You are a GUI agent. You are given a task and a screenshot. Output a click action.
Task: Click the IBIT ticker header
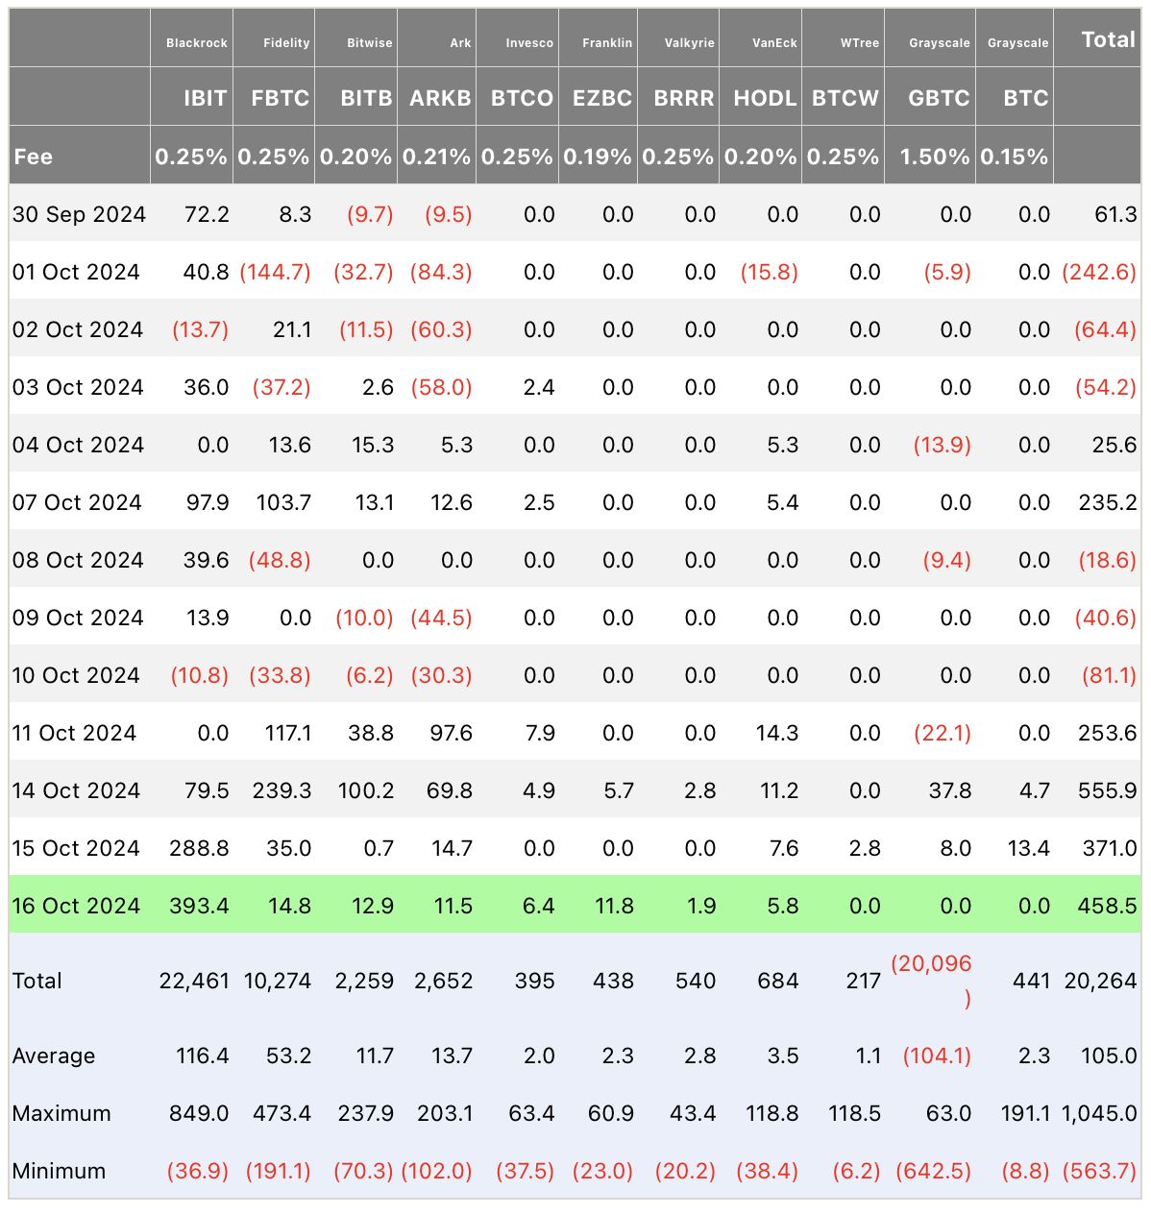[205, 98]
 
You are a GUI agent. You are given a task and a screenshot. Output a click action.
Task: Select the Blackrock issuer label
[196, 43]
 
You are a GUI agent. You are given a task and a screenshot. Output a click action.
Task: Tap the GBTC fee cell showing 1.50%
[934, 157]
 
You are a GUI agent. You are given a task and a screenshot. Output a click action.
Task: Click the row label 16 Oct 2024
[77, 906]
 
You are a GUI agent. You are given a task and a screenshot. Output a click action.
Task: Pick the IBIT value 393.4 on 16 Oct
[199, 906]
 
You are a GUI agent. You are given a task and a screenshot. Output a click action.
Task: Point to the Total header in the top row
[1108, 39]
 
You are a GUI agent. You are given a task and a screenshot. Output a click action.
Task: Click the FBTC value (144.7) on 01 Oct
[275, 272]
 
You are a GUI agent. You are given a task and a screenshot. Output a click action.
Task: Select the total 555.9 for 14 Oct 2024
[1107, 790]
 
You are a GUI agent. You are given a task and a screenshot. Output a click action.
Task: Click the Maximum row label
[61, 1113]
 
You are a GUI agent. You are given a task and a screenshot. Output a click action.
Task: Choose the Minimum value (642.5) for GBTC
[933, 1171]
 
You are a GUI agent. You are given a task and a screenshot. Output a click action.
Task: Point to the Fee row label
[34, 157]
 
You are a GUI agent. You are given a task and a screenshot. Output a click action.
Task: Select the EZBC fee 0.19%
[598, 157]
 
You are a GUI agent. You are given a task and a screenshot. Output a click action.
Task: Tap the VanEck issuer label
[774, 43]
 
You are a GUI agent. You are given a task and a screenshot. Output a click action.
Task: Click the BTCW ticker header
[845, 98]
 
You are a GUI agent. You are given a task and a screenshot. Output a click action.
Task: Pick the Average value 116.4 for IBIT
[202, 1056]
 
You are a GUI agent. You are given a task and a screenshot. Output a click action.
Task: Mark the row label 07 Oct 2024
[77, 502]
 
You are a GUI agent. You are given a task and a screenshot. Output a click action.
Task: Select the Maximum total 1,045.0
[1099, 1113]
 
